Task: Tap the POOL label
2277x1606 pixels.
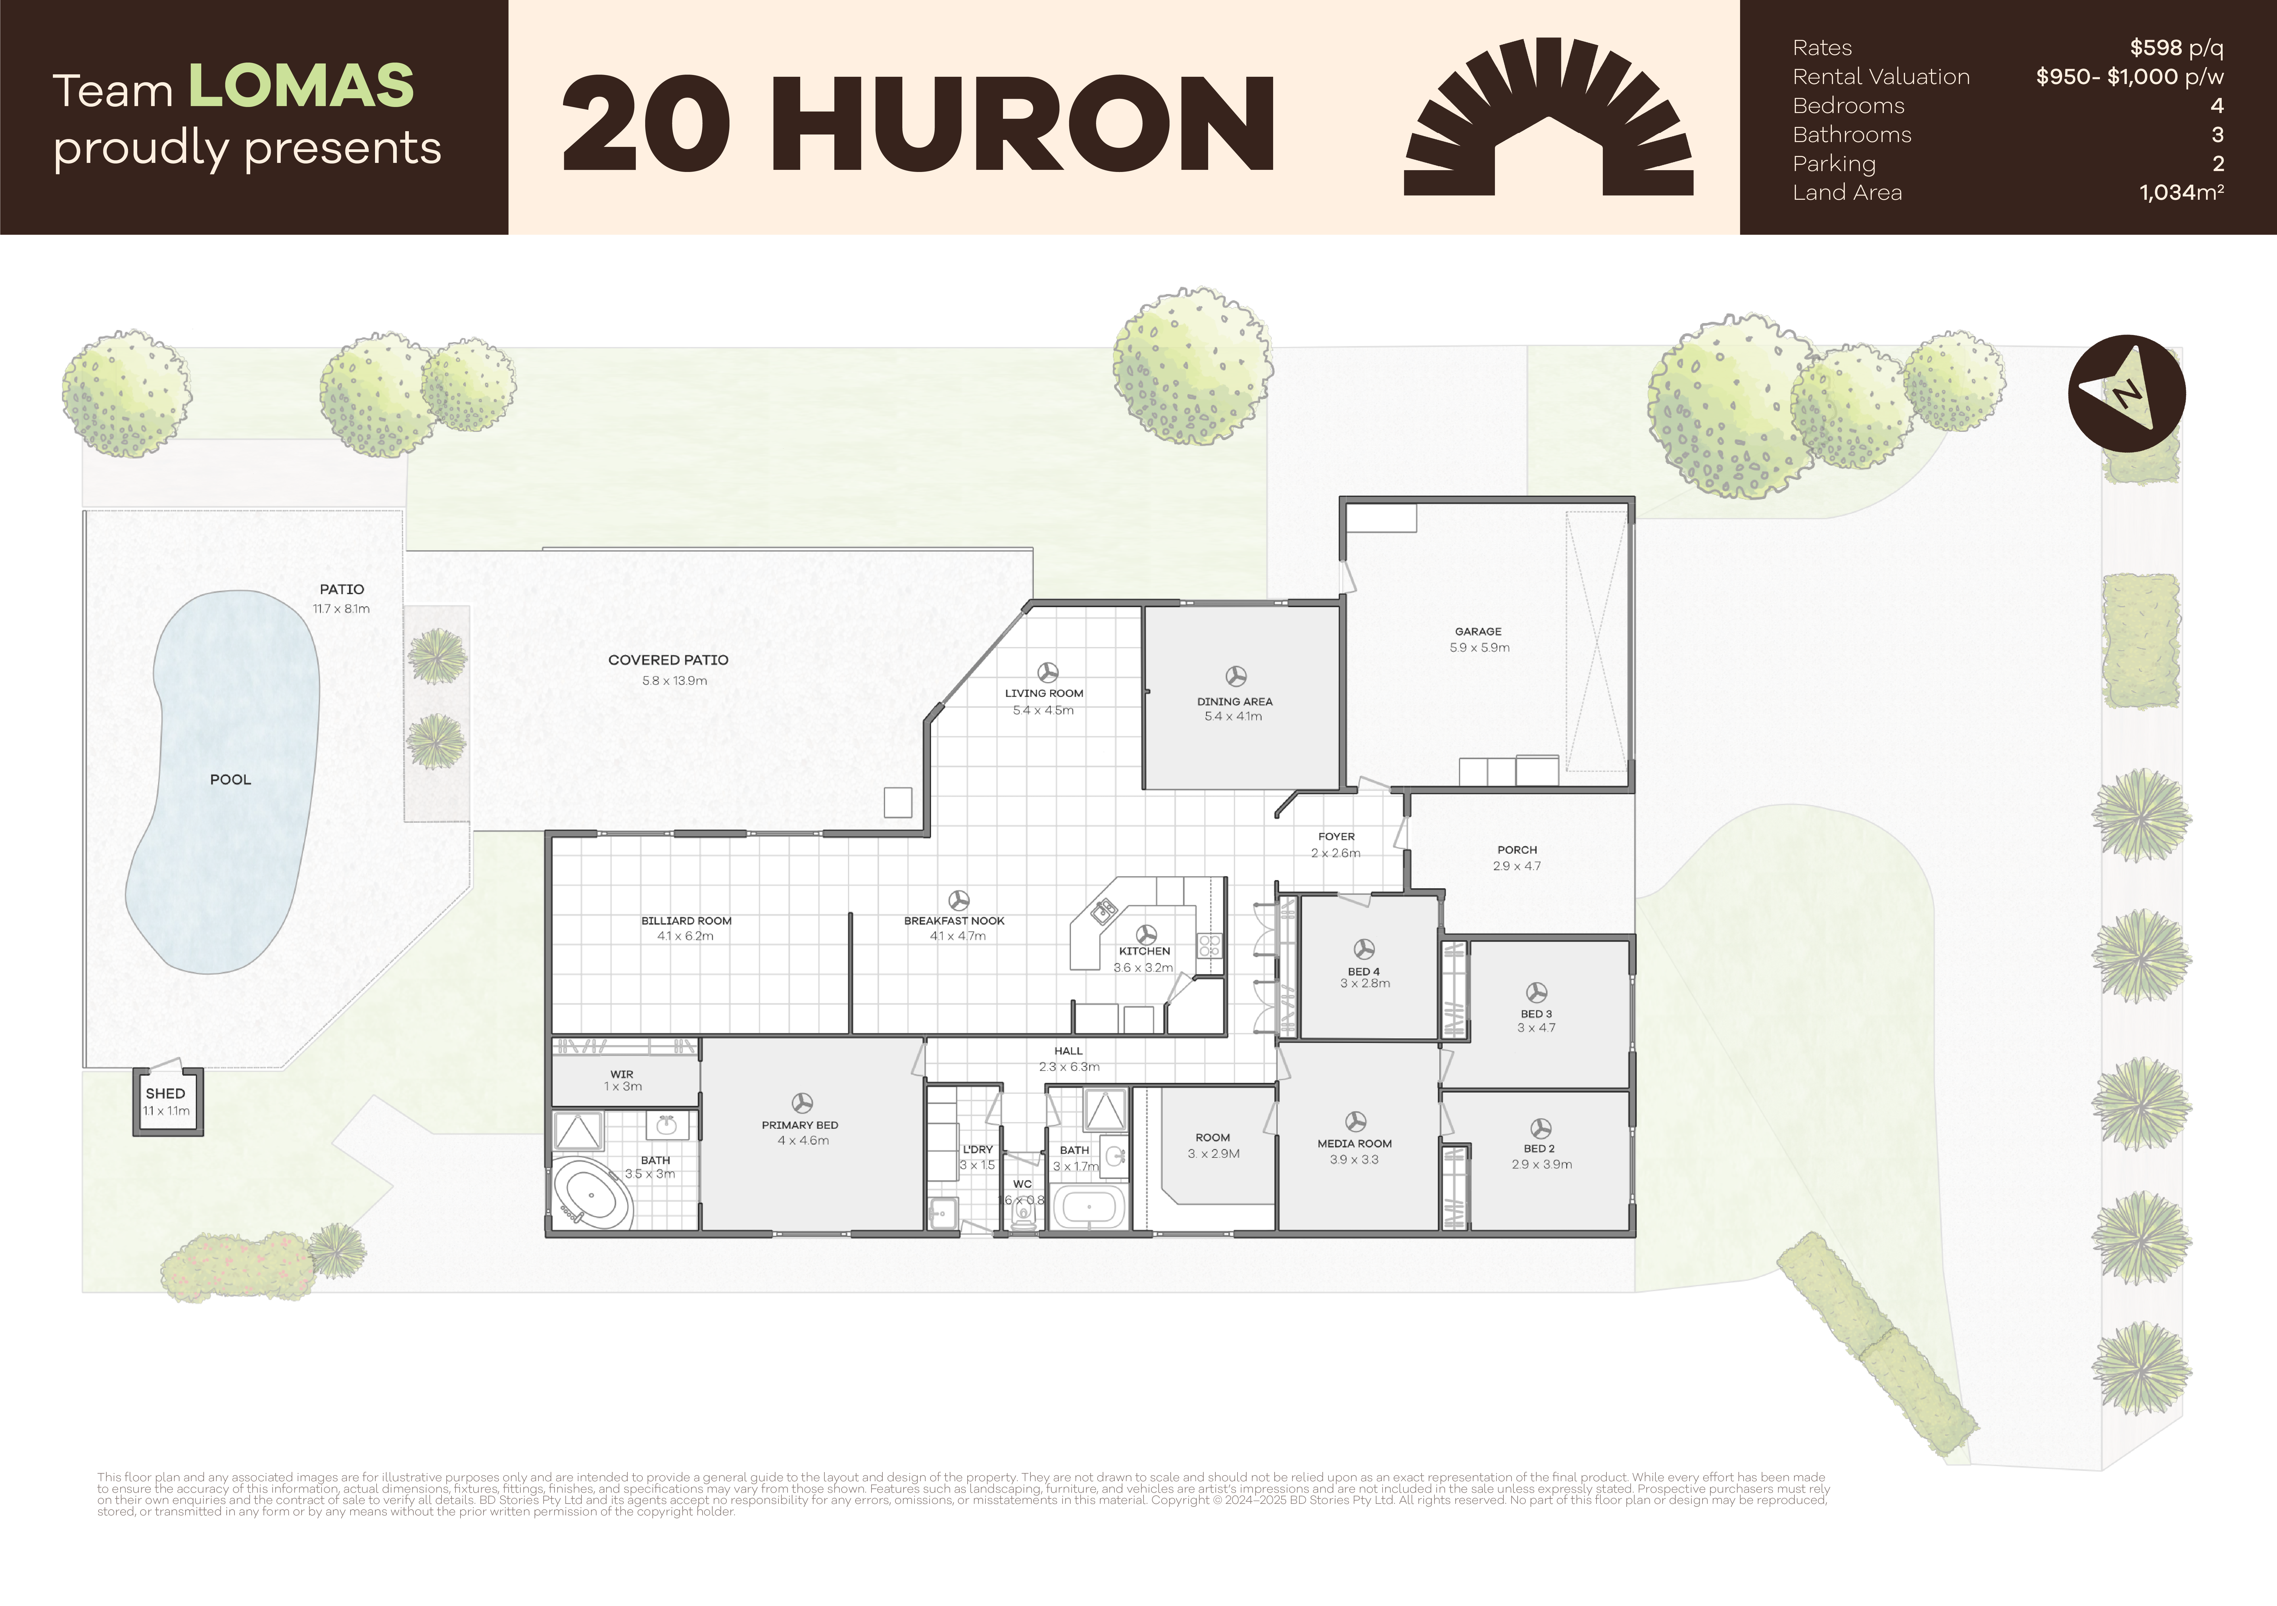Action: (x=230, y=780)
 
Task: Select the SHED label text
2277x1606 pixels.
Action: (x=166, y=1093)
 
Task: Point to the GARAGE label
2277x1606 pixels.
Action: (x=1478, y=631)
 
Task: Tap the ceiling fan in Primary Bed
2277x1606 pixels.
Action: (x=802, y=1103)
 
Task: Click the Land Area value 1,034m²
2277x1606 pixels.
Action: (x=2181, y=193)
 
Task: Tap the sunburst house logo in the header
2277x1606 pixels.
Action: (x=1548, y=117)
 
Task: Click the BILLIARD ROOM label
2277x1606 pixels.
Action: (x=686, y=921)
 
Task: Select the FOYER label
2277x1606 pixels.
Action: (x=1336, y=836)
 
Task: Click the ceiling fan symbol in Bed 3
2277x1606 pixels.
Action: (x=1536, y=992)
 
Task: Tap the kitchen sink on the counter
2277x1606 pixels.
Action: (x=1104, y=910)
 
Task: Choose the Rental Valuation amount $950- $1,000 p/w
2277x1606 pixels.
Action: (x=2129, y=76)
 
